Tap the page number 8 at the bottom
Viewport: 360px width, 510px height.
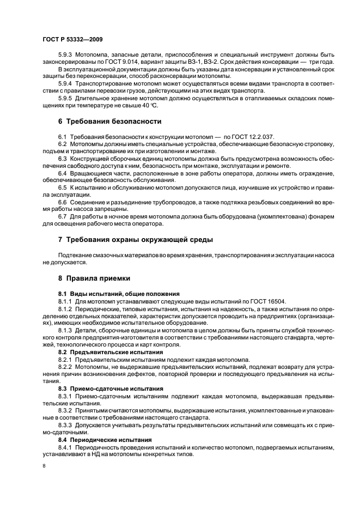(x=45, y=466)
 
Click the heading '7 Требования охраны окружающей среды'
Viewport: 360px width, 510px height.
(x=136, y=240)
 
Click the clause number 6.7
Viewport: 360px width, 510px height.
(x=63, y=216)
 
